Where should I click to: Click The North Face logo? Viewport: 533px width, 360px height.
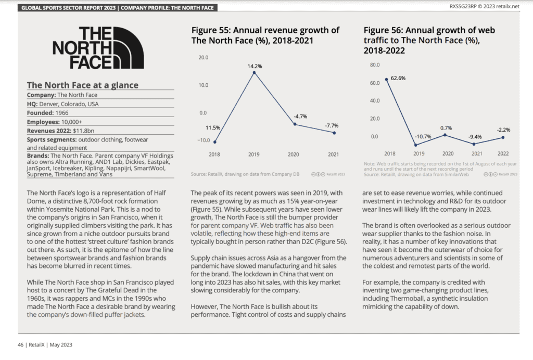98,48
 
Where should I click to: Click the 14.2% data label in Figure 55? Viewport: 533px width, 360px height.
255,66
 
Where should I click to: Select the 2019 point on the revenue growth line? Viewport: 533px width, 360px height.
254,73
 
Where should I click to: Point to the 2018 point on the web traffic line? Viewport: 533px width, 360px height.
387,80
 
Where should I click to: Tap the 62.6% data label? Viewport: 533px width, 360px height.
398,78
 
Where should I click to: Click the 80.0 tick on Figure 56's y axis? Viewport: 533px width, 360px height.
375,65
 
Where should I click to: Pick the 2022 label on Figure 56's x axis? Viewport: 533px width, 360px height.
503,153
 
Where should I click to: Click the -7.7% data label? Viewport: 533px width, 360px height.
332,126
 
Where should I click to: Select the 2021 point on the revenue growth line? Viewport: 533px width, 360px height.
335,133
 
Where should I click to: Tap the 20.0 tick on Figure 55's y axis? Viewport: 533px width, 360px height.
204,57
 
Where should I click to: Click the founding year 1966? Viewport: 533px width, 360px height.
62,113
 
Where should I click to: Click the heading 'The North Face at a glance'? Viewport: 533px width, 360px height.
83,85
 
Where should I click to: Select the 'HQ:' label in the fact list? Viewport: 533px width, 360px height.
32,104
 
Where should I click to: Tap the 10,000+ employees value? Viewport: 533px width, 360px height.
72,122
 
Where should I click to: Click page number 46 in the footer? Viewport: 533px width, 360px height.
20,345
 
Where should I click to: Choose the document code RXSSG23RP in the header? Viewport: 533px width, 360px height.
463,6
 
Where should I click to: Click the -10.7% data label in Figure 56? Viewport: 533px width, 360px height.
423,136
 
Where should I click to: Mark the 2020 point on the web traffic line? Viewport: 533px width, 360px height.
446,135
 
